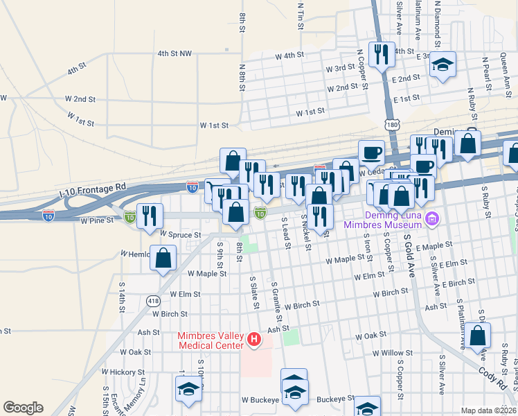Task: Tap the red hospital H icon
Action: (254, 340)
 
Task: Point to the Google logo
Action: (23, 408)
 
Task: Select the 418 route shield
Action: (153, 300)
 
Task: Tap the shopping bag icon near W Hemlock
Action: (163, 259)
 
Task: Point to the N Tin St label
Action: (301, 15)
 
